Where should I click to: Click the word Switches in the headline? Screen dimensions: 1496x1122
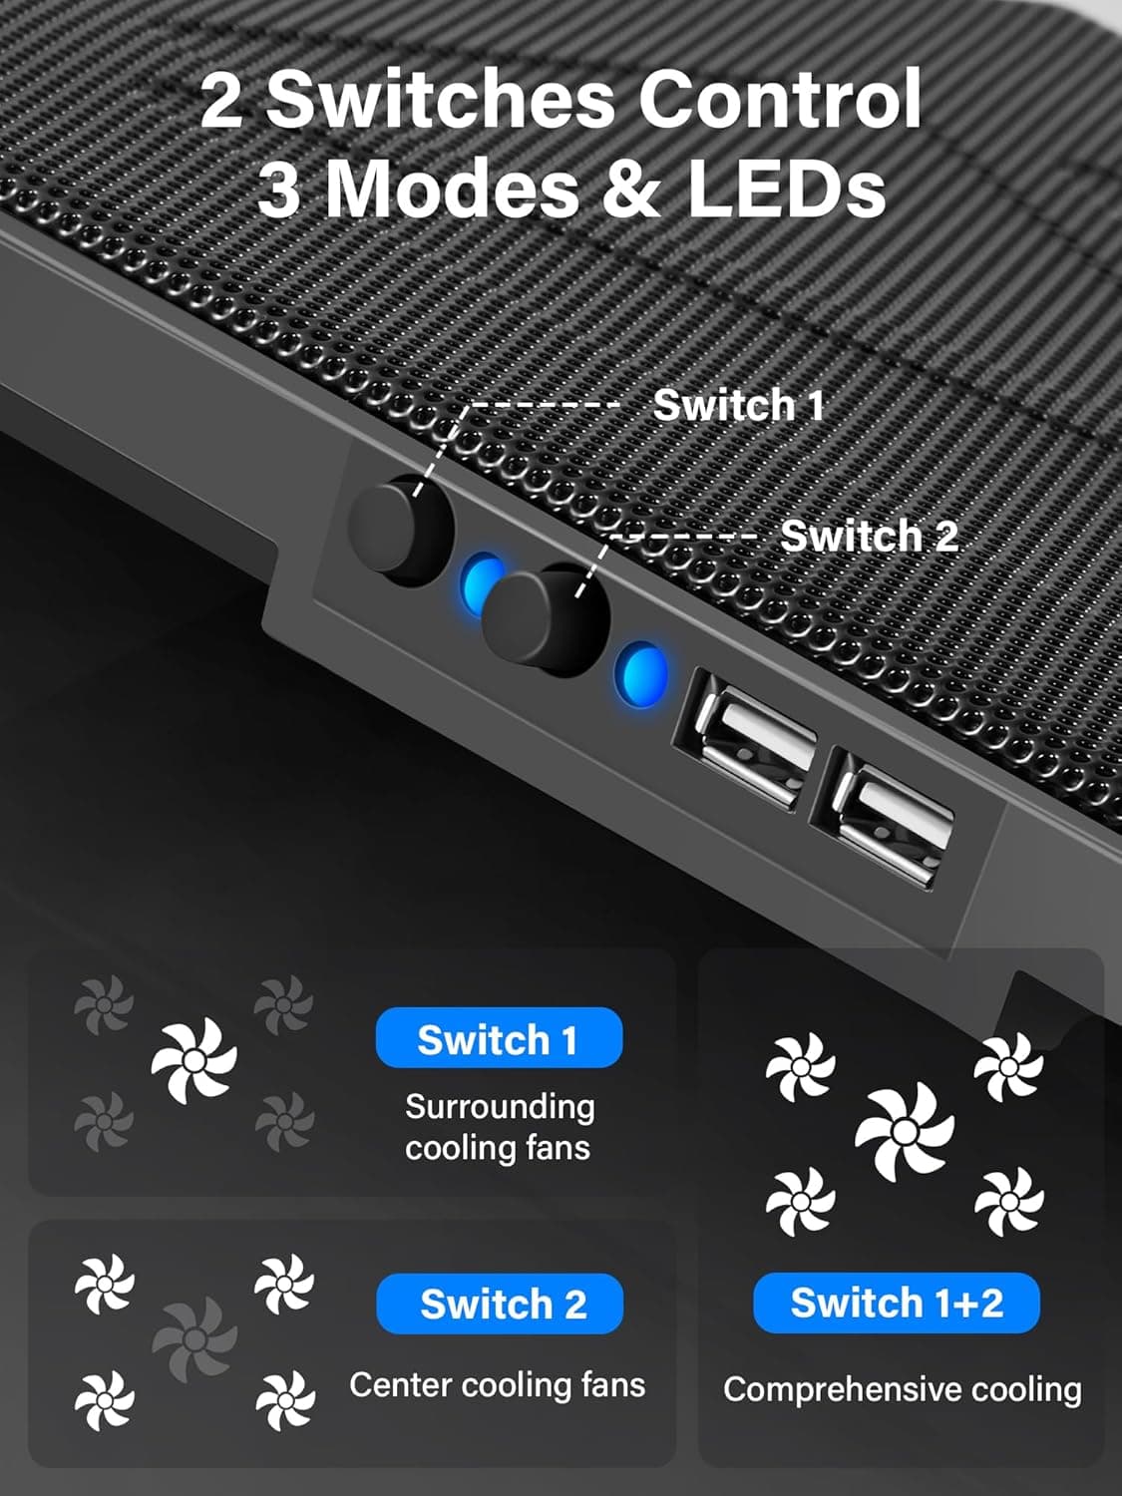440,100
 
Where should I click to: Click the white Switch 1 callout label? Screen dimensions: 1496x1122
738,406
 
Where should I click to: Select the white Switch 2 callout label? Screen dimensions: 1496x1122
869,537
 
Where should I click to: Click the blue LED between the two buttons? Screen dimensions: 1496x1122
482,583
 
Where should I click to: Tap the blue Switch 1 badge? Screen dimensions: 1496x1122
499,1039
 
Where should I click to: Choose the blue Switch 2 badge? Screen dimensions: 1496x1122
501,1305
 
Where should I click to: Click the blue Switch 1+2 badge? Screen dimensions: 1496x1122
897,1303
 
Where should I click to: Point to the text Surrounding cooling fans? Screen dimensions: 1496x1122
499,1127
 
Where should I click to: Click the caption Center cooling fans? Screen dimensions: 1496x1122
498,1385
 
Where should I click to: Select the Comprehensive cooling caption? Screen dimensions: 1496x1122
902,1389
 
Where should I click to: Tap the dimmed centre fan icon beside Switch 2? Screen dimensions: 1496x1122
194,1338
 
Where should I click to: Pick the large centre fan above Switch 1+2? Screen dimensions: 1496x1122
905,1131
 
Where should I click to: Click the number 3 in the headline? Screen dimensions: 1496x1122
280,189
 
